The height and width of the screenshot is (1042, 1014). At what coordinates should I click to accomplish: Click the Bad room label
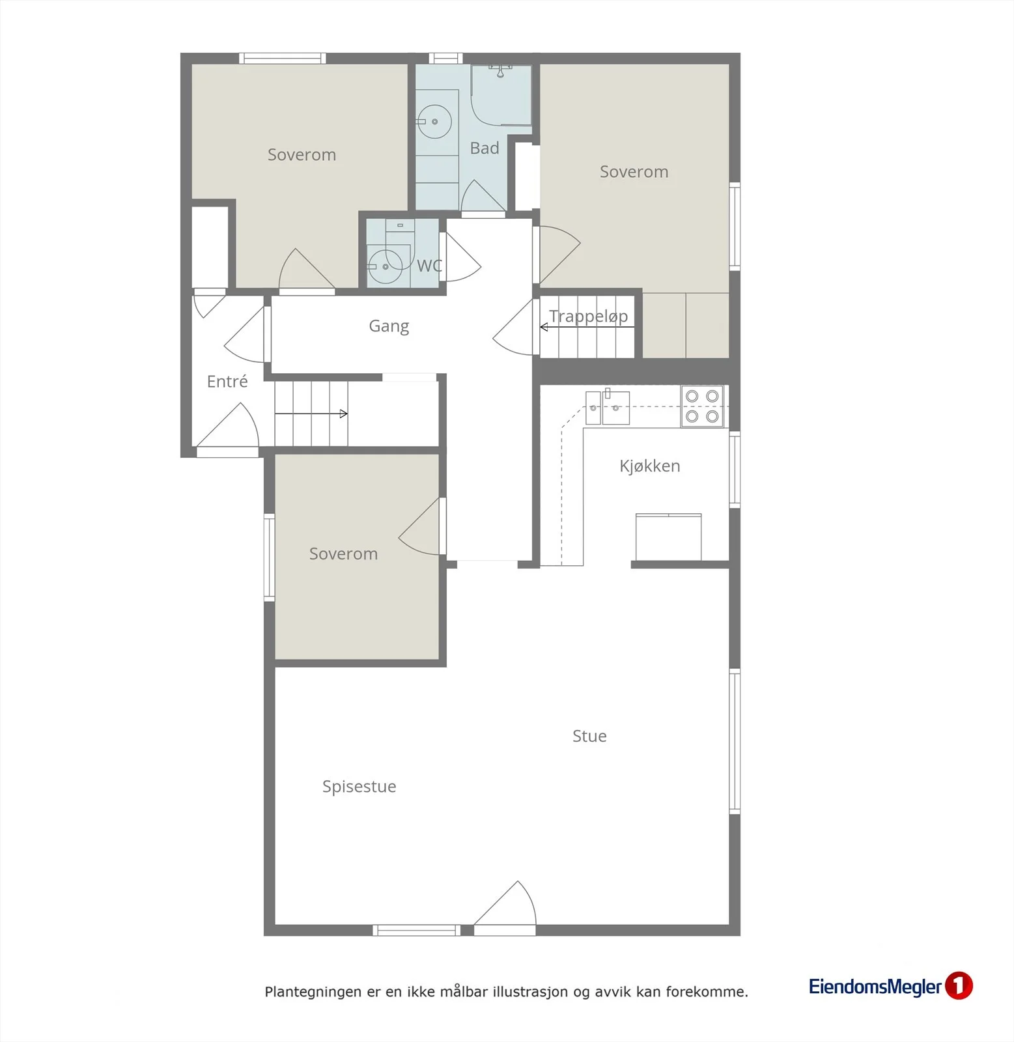pos(485,148)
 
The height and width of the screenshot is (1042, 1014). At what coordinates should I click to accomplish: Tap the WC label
pos(429,266)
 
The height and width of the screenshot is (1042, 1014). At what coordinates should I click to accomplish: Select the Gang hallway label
pos(389,326)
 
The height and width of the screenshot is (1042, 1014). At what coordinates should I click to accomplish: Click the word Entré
pos(227,381)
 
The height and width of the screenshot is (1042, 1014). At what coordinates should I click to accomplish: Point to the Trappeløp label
pos(588,317)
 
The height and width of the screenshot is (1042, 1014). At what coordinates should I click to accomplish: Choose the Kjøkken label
pos(649,466)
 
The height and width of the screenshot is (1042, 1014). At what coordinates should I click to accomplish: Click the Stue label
pos(589,736)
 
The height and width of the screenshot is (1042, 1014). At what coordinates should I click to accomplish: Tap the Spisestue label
pos(359,787)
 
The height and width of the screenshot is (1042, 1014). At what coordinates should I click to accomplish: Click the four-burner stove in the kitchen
pos(702,406)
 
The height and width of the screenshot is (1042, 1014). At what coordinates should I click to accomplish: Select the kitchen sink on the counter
pos(608,408)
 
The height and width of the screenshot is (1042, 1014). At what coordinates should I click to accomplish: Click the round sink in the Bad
pos(434,122)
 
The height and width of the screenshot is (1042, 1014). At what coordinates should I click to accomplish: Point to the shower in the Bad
pos(501,95)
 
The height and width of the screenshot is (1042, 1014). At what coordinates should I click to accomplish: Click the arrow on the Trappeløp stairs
pos(587,327)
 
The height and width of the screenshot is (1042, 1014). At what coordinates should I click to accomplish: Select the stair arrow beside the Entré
pos(311,414)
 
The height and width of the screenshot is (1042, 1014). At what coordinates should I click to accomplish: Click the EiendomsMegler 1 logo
pos(890,986)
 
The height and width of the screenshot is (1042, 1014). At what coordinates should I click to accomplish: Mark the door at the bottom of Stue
pos(505,908)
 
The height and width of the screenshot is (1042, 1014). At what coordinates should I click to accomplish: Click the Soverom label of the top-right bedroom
pos(634,172)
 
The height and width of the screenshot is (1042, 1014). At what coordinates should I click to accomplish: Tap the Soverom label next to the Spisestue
pos(343,554)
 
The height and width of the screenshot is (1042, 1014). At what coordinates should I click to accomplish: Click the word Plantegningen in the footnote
pos(313,992)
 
